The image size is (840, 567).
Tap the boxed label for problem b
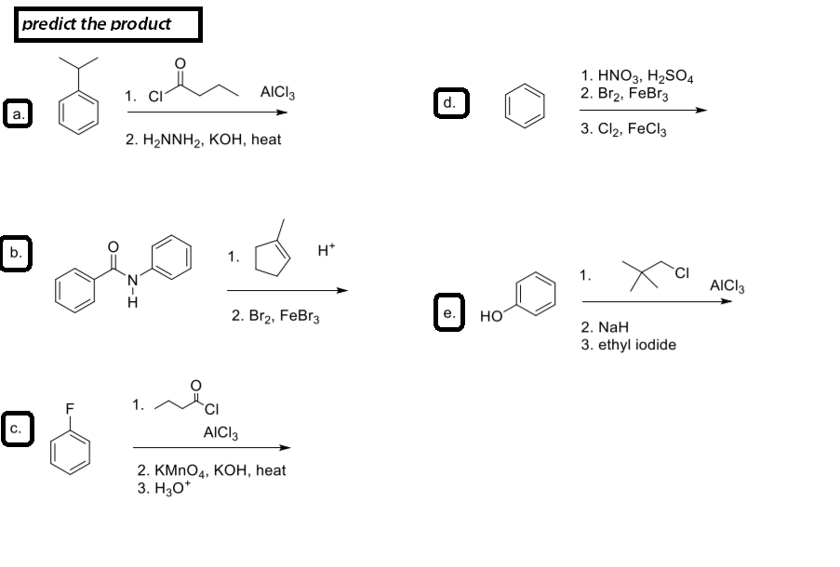point(16,252)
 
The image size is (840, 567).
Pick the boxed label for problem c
point(16,429)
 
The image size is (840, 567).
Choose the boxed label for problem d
point(449,101)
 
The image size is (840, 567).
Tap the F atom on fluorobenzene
point(68,405)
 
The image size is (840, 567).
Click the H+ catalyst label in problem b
point(326,249)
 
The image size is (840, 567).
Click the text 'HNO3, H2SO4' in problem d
point(642,77)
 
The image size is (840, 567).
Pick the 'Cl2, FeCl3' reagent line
point(622,130)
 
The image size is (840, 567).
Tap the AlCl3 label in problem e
point(727,285)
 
